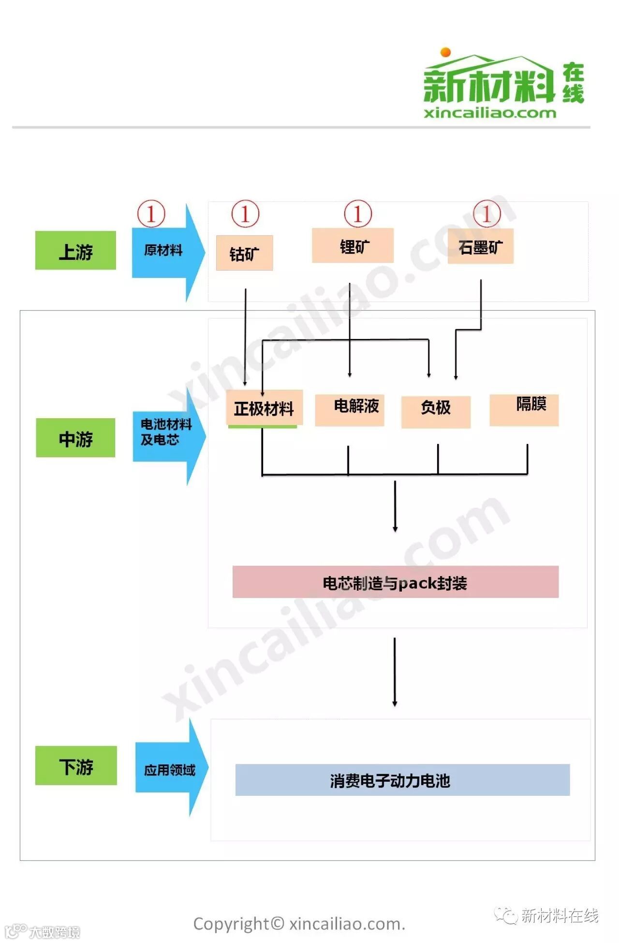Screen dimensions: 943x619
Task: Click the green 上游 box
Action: pyautogui.click(x=75, y=250)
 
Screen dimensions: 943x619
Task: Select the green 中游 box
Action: pyautogui.click(x=75, y=438)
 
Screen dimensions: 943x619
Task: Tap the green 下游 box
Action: pyautogui.click(x=76, y=765)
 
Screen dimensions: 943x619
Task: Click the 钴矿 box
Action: pyautogui.click(x=244, y=253)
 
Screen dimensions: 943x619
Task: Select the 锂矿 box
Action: pyautogui.click(x=353, y=245)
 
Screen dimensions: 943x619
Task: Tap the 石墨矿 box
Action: pyautogui.click(x=480, y=246)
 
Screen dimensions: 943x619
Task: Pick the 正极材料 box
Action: pyautogui.click(x=265, y=408)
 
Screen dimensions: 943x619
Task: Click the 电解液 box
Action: pyautogui.click(x=350, y=410)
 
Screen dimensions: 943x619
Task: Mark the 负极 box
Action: pyautogui.click(x=436, y=411)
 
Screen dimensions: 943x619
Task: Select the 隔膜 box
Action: pyautogui.click(x=524, y=410)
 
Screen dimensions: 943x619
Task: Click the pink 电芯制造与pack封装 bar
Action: pyautogui.click(x=395, y=582)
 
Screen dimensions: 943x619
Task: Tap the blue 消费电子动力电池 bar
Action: pyautogui.click(x=402, y=780)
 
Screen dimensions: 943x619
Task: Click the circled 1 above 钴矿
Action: pyautogui.click(x=245, y=213)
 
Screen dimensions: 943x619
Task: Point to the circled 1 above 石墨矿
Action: pyautogui.click(x=486, y=213)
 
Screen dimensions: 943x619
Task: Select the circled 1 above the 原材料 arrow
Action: pyautogui.click(x=151, y=213)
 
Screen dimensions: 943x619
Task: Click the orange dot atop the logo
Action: pyautogui.click(x=445, y=52)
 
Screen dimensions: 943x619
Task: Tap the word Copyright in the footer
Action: pyautogui.click(x=231, y=924)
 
